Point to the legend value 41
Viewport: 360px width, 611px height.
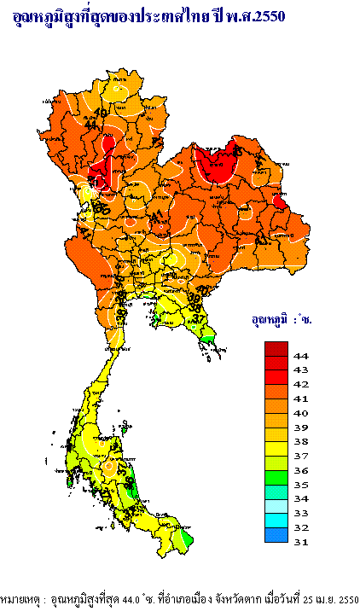coord(300,399)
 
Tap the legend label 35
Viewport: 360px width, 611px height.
coord(300,484)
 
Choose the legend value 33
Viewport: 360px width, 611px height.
coord(300,513)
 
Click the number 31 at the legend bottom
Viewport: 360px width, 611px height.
coord(300,541)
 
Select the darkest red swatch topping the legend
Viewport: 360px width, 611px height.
coord(276,348)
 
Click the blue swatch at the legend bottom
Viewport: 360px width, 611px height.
coord(276,534)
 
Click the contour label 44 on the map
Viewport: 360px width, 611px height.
coord(91,125)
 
